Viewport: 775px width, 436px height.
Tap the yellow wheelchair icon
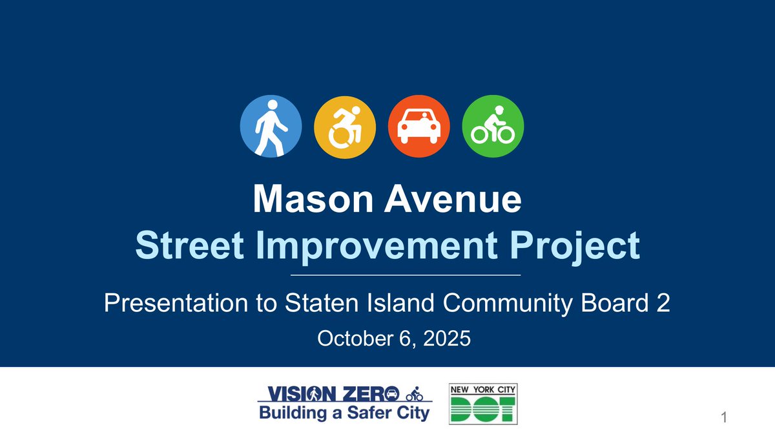point(344,127)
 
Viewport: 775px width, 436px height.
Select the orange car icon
point(418,127)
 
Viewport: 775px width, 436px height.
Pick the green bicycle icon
point(493,127)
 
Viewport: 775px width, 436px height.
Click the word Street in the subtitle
point(183,246)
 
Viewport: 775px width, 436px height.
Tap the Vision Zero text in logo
point(329,393)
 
